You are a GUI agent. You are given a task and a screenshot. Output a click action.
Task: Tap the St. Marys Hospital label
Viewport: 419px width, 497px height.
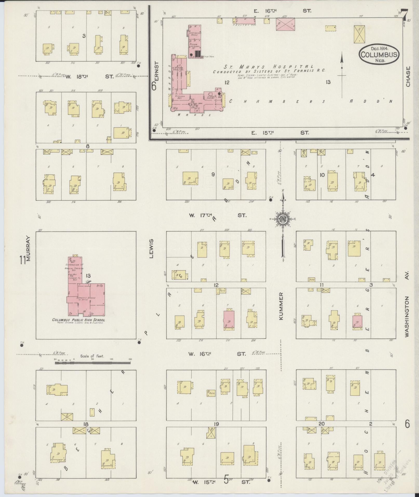pos(269,67)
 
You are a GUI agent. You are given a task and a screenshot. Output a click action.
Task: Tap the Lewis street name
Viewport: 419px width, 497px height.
pos(151,249)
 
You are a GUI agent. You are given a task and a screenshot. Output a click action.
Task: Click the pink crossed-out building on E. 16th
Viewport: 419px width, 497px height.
pos(285,24)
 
